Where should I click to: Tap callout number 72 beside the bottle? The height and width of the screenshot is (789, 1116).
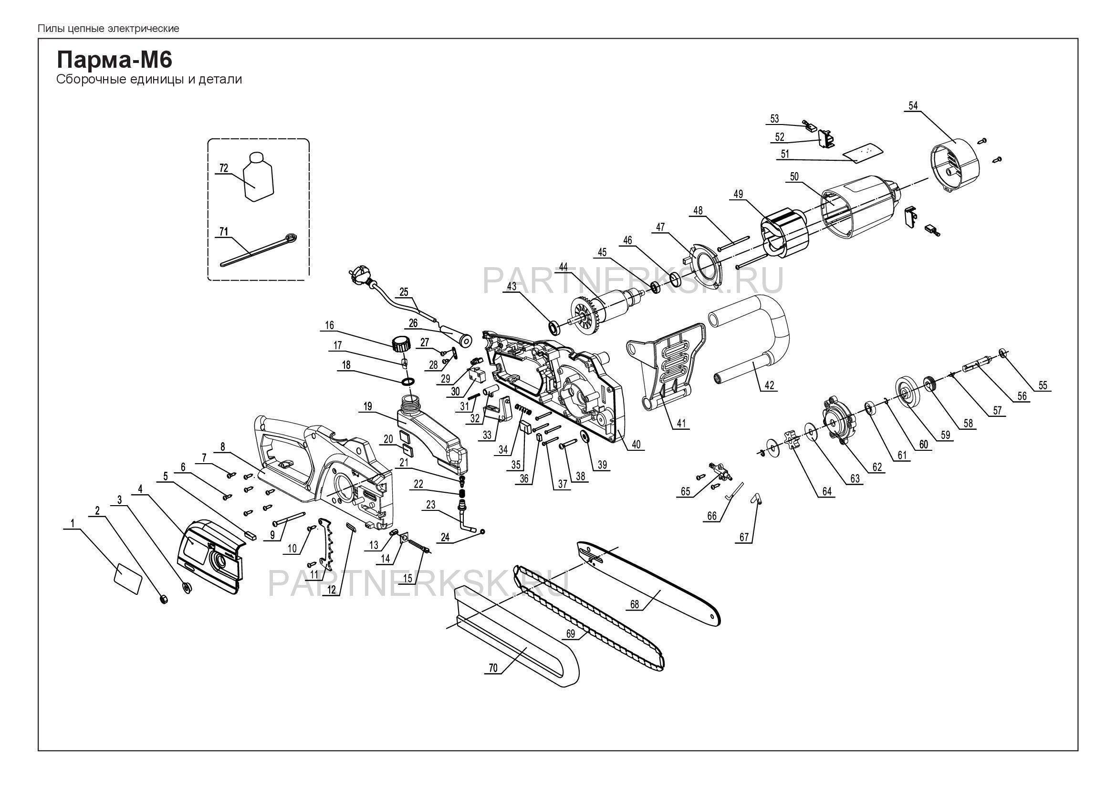pos(224,167)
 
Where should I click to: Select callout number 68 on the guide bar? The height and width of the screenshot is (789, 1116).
pos(634,604)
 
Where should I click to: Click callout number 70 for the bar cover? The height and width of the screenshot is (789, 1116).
pos(493,667)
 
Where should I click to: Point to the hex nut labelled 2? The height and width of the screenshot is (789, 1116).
pos(164,598)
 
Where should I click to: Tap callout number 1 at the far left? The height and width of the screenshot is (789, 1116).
pos(73,523)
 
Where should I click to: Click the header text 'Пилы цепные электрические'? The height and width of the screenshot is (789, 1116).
pos(108,29)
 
